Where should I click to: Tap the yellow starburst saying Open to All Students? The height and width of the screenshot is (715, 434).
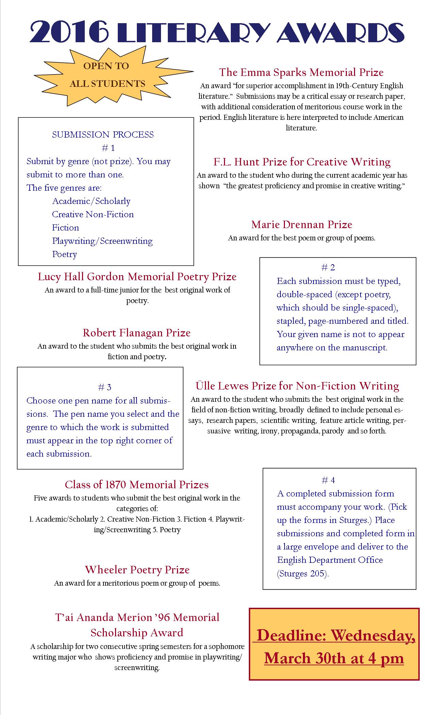click(107, 75)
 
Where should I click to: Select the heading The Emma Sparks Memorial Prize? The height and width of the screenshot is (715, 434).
click(301, 72)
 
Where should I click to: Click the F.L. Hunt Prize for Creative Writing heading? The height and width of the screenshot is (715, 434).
click(302, 162)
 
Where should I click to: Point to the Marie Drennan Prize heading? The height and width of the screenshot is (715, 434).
click(302, 225)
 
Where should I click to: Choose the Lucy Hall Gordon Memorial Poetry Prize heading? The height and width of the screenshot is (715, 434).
click(137, 276)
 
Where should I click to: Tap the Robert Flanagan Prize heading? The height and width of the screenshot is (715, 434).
click(136, 333)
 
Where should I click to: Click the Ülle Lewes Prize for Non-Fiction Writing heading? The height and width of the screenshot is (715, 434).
click(297, 386)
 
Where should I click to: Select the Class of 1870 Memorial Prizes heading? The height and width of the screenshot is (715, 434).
click(137, 484)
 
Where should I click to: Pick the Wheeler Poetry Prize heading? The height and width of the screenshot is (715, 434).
click(137, 570)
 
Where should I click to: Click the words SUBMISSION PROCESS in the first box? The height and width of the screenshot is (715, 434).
click(103, 135)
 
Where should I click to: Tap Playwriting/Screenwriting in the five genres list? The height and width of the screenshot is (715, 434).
click(102, 241)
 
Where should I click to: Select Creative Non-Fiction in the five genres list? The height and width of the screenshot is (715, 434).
click(93, 214)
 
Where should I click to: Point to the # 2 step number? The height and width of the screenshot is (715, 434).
click(328, 268)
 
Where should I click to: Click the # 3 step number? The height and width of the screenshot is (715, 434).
click(105, 387)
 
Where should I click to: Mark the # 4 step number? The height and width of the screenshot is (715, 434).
click(328, 480)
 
